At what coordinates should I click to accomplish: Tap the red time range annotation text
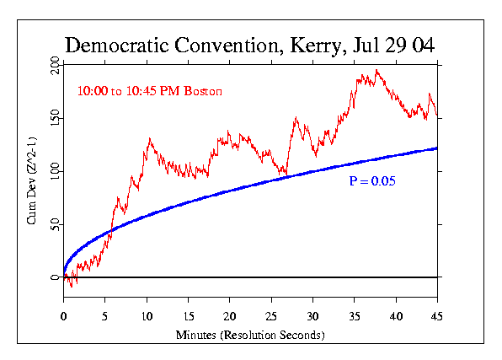[x=142, y=90]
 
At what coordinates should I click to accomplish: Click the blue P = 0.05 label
[x=372, y=181]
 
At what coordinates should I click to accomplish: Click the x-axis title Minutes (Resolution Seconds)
[x=251, y=335]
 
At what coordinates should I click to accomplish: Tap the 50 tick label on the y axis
[x=55, y=224]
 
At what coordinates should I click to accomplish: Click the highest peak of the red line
[x=376, y=71]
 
